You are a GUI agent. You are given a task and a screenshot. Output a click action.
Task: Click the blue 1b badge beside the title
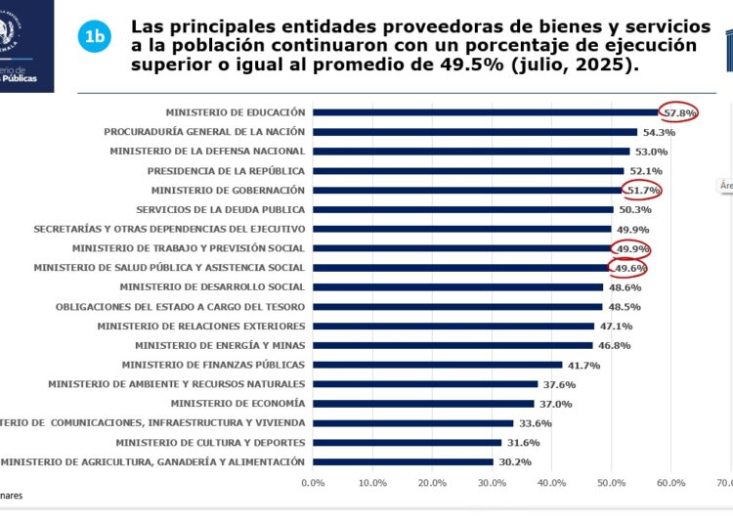pyautogui.click(x=94, y=37)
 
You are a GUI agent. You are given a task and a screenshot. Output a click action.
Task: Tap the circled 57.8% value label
pyautogui.click(x=679, y=112)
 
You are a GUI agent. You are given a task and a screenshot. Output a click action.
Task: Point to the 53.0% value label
pyautogui.click(x=651, y=152)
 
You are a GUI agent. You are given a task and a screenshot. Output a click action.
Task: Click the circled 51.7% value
pyautogui.click(x=643, y=190)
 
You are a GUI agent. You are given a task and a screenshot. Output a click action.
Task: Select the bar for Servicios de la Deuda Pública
pyautogui.click(x=463, y=209)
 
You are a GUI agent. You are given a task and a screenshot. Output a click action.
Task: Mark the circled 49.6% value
pyautogui.click(x=629, y=268)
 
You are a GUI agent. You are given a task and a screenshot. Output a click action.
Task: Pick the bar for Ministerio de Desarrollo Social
pyautogui.click(x=458, y=287)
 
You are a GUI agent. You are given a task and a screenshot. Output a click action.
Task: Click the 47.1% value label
pyautogui.click(x=616, y=326)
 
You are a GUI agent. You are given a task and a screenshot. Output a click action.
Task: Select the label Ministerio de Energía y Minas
pyautogui.click(x=220, y=345)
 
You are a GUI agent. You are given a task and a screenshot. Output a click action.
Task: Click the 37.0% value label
pyautogui.click(x=556, y=404)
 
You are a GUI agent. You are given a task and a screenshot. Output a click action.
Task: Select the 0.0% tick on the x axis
pyautogui.click(x=313, y=482)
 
